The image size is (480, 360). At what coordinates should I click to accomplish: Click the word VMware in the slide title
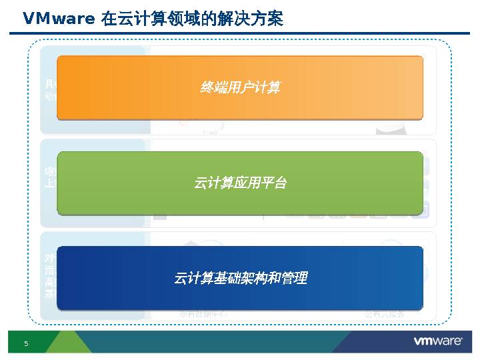(59, 19)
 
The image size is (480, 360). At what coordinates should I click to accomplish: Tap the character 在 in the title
(109, 19)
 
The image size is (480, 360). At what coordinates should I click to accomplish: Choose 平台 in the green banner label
(273, 183)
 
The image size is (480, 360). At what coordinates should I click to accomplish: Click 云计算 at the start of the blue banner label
(193, 278)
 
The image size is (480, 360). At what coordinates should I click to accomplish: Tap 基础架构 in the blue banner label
(240, 278)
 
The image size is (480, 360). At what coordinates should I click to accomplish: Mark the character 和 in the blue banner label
(274, 278)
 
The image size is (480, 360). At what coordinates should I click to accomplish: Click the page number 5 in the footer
(27, 343)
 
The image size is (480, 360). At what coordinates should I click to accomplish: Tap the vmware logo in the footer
(438, 341)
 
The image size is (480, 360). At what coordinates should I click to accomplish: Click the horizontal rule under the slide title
(240, 33)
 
